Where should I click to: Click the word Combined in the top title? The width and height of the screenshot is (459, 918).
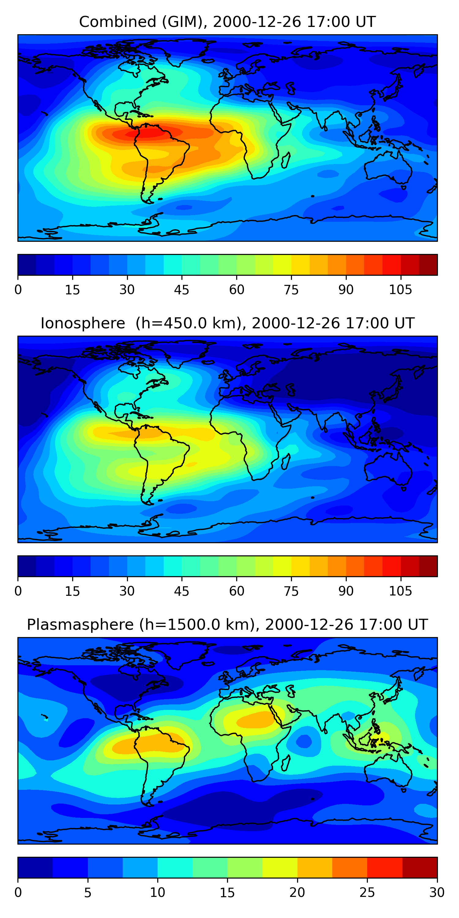(117, 22)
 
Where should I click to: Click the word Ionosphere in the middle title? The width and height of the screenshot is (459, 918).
(83, 323)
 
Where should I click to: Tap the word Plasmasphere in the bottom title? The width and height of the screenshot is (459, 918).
(80, 625)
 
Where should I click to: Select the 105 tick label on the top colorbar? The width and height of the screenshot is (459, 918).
(400, 290)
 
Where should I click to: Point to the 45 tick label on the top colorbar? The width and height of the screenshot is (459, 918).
(181, 290)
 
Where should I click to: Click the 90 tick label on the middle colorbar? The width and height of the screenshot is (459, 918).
(346, 591)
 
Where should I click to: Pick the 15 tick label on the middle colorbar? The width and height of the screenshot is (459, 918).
(72, 591)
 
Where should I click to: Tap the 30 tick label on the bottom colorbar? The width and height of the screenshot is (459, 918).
(437, 893)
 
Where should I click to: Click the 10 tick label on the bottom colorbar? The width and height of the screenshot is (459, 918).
(157, 893)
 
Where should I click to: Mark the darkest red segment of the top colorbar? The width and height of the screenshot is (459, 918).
(428, 265)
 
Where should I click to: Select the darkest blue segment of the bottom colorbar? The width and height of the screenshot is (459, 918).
(35, 868)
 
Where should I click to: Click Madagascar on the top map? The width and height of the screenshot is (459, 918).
(285, 160)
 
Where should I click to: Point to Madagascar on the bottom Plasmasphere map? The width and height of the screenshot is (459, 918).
(285, 763)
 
